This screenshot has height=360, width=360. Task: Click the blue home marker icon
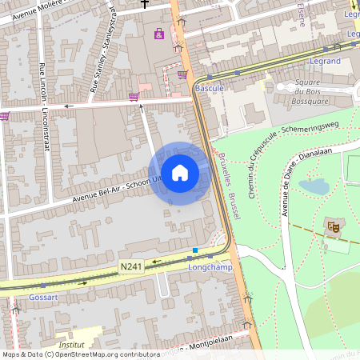180,173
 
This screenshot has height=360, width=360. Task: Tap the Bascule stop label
210,87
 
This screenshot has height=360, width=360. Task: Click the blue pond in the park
314,186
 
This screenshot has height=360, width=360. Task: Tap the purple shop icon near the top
158,34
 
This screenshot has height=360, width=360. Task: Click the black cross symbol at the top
144,4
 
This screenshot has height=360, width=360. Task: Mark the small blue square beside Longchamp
194,250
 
